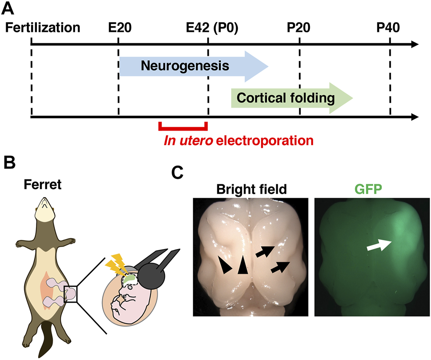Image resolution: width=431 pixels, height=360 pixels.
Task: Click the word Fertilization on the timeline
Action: (43, 28)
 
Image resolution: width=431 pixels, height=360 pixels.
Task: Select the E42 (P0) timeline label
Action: (212, 28)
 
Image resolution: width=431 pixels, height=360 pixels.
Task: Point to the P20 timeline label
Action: (299, 28)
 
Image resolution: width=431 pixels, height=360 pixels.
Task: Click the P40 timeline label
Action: (388, 28)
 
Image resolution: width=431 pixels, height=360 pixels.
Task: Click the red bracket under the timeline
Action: (183, 128)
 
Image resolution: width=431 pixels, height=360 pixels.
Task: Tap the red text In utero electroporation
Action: (239, 141)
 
